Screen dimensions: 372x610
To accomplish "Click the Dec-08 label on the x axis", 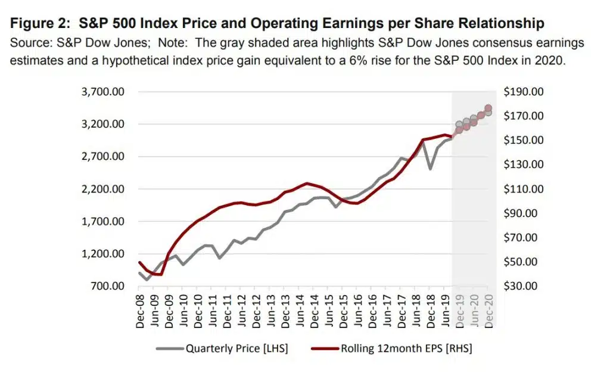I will coord(140,309).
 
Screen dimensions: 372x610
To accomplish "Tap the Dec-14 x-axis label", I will coord(313,309).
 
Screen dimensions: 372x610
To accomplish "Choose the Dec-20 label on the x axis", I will coord(488,309).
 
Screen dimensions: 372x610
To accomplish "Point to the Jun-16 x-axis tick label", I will coord(357,309).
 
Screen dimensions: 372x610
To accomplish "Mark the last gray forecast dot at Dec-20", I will coord(488,112).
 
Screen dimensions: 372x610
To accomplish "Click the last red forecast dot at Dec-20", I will coord(488,108).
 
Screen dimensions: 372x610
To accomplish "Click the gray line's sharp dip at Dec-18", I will coord(430,169).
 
